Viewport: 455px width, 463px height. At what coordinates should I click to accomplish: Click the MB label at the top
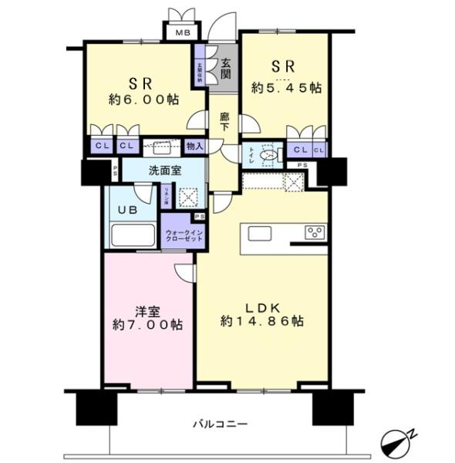tap(181, 32)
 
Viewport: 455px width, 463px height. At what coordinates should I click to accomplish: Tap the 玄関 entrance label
tap(225, 69)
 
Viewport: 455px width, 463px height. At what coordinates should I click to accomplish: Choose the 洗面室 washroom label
tap(166, 171)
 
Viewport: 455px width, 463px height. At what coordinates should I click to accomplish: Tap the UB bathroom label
tap(125, 208)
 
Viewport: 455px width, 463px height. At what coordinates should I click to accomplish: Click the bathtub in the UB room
tap(131, 235)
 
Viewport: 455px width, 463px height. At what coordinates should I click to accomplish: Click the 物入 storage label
tap(194, 146)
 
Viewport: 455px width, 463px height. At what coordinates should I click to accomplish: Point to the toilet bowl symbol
tap(267, 154)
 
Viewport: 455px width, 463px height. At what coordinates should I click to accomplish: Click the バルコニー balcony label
tap(220, 424)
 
